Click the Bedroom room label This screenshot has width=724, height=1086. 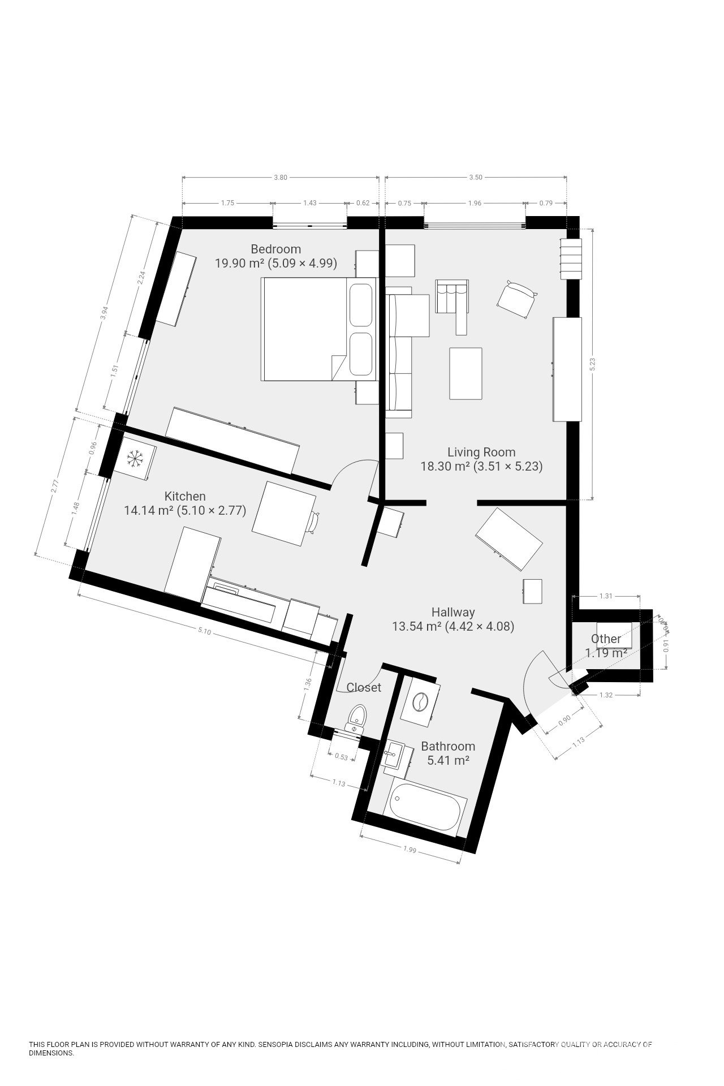pyautogui.click(x=275, y=249)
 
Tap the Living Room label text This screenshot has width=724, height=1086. pyautogui.click(x=481, y=452)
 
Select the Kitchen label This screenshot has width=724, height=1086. pyautogui.click(x=185, y=496)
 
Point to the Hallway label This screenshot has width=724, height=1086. pyautogui.click(x=453, y=611)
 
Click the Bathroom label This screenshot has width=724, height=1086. pyautogui.click(x=448, y=746)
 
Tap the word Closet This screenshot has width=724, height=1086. pyautogui.click(x=364, y=687)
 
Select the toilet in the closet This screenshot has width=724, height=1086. pyautogui.click(x=357, y=718)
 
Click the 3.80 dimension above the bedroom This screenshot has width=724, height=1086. pyautogui.click(x=281, y=177)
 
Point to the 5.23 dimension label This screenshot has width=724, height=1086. pyautogui.click(x=592, y=364)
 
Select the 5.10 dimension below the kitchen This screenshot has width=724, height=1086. pyautogui.click(x=204, y=631)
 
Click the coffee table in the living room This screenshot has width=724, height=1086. pyautogui.click(x=466, y=373)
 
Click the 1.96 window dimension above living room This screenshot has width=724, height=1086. pyautogui.click(x=475, y=203)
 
